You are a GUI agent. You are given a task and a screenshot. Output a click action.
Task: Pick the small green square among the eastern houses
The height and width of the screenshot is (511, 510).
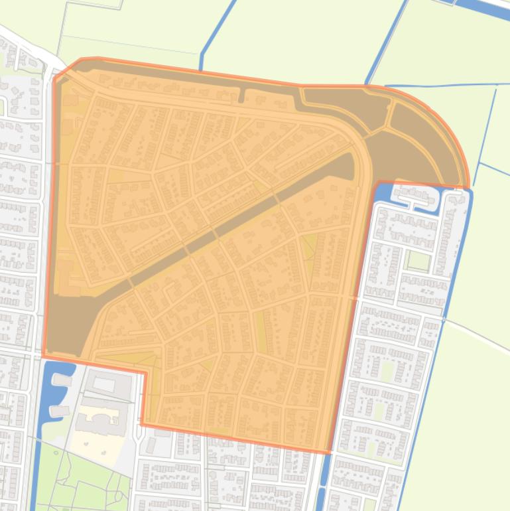click(418, 261)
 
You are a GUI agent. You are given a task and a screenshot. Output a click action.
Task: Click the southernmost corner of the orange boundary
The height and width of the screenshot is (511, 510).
click(328, 453)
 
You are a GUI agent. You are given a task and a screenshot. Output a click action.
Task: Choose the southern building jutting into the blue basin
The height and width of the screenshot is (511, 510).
click(59, 411)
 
